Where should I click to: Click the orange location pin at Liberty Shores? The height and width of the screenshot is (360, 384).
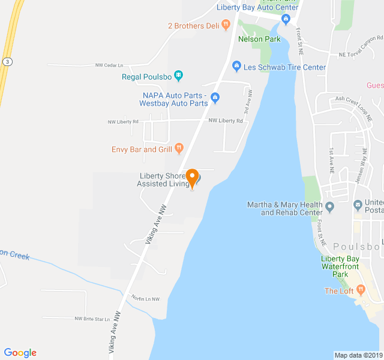tap(192, 178)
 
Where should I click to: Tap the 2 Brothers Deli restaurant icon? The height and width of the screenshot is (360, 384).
tap(226, 25)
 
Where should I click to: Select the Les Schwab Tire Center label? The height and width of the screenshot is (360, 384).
tap(285, 67)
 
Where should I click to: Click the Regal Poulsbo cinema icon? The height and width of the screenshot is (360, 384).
tap(179, 76)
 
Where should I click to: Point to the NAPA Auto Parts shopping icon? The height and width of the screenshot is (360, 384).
tap(215, 98)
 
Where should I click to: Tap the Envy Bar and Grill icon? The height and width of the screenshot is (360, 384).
tap(179, 149)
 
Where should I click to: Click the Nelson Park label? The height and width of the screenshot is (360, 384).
tap(259, 39)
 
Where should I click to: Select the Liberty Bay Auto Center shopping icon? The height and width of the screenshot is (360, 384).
tap(286, 19)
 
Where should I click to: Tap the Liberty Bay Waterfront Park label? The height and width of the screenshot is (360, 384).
tap(343, 266)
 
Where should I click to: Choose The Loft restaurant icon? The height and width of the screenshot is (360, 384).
tap(361, 290)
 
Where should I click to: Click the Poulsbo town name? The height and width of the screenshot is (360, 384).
tap(356, 246)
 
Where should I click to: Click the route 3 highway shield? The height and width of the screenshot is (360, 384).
tap(6, 61)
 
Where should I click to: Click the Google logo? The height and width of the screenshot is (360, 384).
tap(20, 353)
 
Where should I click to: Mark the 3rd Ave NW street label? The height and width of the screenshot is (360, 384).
tap(247, 103)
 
